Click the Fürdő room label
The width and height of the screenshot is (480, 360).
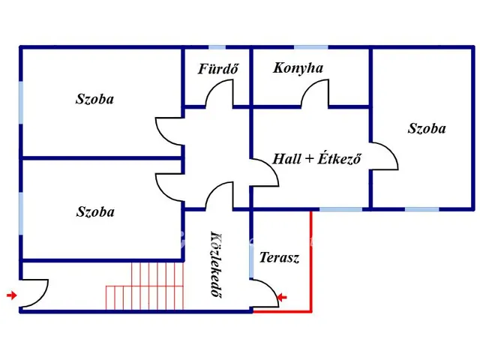[x=218, y=68]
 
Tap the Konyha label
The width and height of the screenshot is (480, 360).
[x=298, y=68]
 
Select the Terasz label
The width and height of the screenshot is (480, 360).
[x=279, y=257]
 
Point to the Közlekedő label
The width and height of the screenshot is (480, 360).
[x=217, y=264]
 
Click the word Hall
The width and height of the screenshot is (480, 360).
[x=286, y=159]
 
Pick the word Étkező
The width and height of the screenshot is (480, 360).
[x=339, y=158]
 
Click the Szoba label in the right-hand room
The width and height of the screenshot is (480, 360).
[x=427, y=128]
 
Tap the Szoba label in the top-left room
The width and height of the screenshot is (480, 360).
[x=94, y=99]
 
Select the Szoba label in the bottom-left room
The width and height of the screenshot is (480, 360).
[x=95, y=211]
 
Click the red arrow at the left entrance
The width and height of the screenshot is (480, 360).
[x=12, y=295]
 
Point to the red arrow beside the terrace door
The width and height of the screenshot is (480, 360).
[x=282, y=297]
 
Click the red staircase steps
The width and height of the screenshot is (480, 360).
[x=145, y=286]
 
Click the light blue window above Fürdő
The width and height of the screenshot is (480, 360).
[x=217, y=47]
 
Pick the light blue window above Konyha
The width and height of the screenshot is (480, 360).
[x=311, y=47]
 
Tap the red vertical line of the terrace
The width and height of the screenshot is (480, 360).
[x=311, y=262]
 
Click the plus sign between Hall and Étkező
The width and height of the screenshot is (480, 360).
[x=309, y=159]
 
